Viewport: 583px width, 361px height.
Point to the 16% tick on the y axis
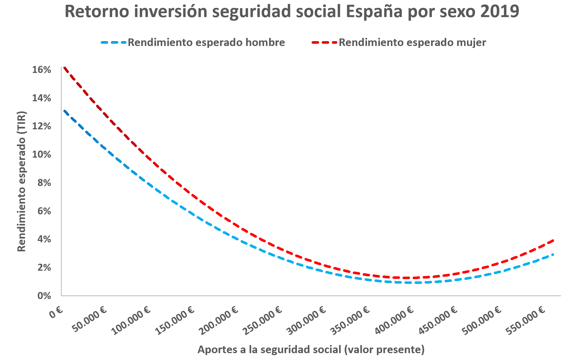coord(42,70)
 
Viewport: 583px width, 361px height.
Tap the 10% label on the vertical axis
coord(42,154)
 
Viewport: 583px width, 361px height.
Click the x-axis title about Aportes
coord(311,349)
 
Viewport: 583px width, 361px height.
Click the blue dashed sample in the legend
coord(114,43)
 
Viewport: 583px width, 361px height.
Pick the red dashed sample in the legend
coord(324,43)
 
